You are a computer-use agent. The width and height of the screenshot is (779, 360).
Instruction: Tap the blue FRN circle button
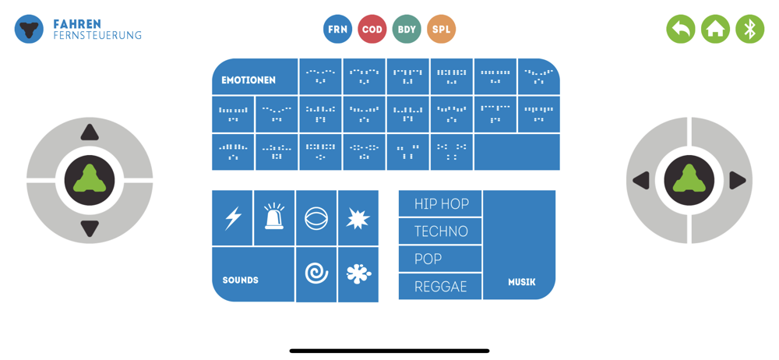[337, 30]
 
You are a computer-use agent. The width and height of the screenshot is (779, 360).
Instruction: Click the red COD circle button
[372, 30]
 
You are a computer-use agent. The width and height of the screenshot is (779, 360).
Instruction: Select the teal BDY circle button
[407, 30]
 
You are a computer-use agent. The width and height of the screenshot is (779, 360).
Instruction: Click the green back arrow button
[681, 30]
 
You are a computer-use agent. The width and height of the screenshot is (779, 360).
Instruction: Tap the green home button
[715, 30]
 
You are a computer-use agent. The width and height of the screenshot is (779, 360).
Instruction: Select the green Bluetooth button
[749, 30]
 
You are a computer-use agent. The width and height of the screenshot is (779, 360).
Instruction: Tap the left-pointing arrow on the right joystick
[642, 181]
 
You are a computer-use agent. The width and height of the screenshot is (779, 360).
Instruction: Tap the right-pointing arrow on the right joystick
[737, 181]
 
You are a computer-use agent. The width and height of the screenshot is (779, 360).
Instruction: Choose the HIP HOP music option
[441, 204]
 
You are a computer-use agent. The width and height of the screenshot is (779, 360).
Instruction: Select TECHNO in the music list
[441, 231]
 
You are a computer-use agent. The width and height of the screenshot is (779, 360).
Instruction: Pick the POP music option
[441, 259]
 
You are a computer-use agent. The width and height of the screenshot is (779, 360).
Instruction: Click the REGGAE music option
[441, 287]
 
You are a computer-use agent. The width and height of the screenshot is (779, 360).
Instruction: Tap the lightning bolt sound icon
[233, 218]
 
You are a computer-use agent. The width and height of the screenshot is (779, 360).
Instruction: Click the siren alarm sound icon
[274, 218]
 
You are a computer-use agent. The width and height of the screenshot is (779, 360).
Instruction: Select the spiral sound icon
[316, 274]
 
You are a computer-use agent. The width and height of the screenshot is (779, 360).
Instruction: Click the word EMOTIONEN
[249, 80]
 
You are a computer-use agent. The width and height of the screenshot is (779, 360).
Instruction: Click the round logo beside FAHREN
[29, 30]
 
